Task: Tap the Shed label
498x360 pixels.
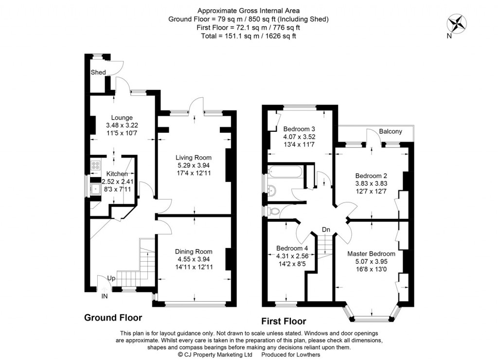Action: pyautogui.click(x=98, y=72)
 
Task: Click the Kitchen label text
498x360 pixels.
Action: pyautogui.click(x=117, y=174)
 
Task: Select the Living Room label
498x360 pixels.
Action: pyautogui.click(x=193, y=157)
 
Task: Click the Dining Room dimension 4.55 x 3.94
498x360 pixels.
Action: pyautogui.click(x=194, y=259)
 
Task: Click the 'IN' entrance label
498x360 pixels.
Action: pyautogui.click(x=105, y=296)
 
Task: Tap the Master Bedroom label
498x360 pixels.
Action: pyautogui.click(x=371, y=253)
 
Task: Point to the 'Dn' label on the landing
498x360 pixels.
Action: pyautogui.click(x=326, y=230)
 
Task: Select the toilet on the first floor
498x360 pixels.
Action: pyautogui.click(x=274, y=211)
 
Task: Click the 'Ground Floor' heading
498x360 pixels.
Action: pyautogui.click(x=113, y=318)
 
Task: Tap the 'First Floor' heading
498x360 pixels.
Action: pyautogui.click(x=284, y=321)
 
